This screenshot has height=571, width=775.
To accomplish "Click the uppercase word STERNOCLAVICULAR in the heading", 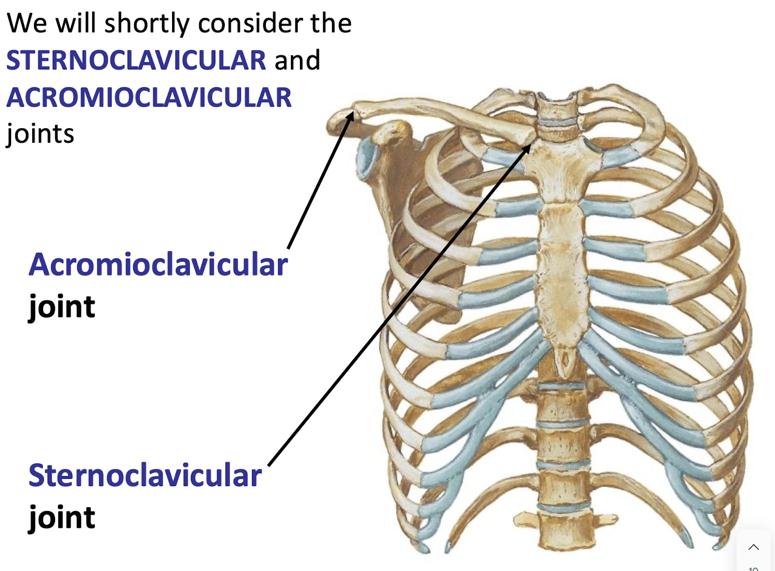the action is (136, 60).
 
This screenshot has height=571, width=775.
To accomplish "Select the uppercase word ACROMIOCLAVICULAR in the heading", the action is (149, 98).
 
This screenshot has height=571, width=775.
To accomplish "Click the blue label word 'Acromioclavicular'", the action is (158, 265).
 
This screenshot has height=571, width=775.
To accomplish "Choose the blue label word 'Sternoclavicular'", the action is (145, 476).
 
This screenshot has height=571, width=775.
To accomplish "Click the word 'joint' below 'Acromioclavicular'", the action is (62, 307).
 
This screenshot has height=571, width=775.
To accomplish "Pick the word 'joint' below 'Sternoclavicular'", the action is (62, 518).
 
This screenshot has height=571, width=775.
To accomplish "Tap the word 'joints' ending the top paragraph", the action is (40, 134).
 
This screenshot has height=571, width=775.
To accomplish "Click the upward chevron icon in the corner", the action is (753, 547).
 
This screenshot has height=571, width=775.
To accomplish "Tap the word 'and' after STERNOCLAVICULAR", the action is (297, 60).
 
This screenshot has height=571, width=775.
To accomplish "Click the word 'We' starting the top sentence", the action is (27, 24).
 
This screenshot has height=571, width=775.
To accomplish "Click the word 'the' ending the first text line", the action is (331, 24).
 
